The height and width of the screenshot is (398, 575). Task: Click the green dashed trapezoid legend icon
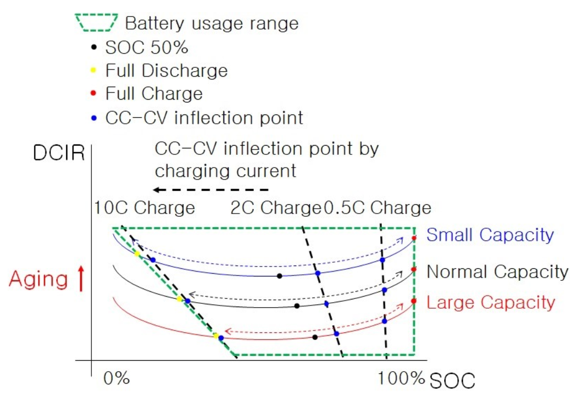tap(96, 23)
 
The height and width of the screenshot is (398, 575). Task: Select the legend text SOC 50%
tap(147, 48)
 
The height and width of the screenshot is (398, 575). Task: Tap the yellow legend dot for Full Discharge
tap(94, 71)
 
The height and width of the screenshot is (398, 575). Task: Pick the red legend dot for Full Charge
tap(94, 93)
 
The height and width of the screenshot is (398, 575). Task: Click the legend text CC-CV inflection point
tap(204, 117)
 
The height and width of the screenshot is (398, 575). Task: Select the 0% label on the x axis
tap(116, 378)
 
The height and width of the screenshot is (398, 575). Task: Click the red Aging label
tap(38, 280)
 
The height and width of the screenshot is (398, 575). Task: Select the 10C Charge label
tap(144, 208)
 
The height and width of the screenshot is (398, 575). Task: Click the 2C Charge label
tap(274, 208)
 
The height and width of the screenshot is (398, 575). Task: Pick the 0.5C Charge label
tap(377, 208)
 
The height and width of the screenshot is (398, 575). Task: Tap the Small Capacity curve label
tap(490, 235)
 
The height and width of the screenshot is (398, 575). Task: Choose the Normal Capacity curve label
tap(497, 272)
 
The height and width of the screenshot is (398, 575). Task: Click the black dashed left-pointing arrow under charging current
tap(211, 190)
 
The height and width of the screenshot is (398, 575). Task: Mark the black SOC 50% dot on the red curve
tap(315, 337)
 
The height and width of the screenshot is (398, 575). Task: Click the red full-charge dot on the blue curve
tap(414, 238)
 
